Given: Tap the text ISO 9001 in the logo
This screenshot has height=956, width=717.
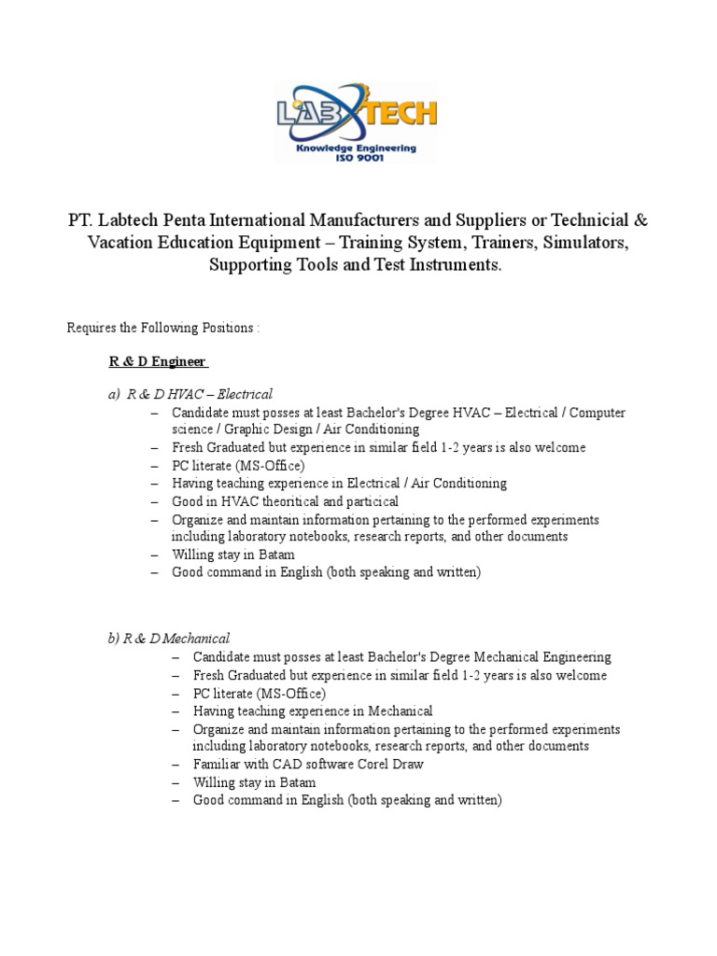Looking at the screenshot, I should [356, 158].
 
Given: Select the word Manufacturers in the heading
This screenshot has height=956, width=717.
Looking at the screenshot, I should [359, 221].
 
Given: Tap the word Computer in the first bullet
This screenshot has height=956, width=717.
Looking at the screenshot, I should [597, 412].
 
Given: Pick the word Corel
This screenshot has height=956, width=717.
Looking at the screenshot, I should [370, 764].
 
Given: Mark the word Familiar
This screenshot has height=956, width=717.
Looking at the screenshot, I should [217, 764].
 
